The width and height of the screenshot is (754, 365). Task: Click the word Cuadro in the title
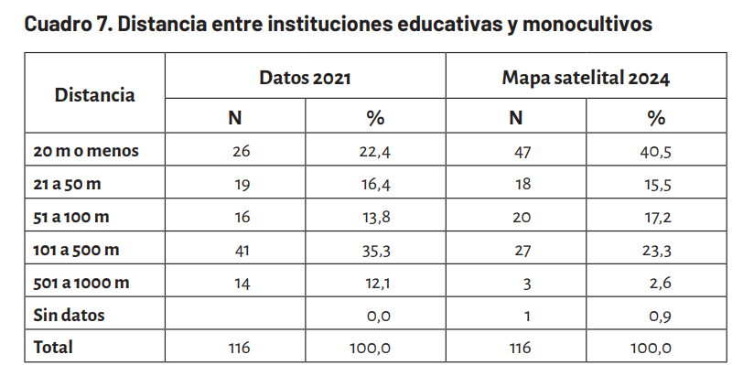pyautogui.click(x=54, y=24)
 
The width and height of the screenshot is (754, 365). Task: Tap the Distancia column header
pyautogui.click(x=95, y=94)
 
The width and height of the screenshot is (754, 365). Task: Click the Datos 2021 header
pyautogui.click(x=305, y=78)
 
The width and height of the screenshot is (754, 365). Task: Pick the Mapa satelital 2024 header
pyautogui.click(x=586, y=78)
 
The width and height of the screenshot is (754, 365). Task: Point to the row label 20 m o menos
pyautogui.click(x=86, y=151)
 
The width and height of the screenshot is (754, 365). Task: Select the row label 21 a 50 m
pyautogui.click(x=67, y=184)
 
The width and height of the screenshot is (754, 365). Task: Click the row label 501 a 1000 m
pyautogui.click(x=81, y=283)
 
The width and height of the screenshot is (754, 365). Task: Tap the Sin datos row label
pyautogui.click(x=69, y=315)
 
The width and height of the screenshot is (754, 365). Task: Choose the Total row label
pyautogui.click(x=53, y=347)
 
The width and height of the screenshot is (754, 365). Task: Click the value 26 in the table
pyautogui.click(x=241, y=152)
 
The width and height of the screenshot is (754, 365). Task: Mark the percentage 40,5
pyautogui.click(x=655, y=152)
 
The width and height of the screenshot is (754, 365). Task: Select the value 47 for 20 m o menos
pyautogui.click(x=522, y=152)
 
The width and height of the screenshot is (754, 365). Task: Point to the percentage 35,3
pyautogui.click(x=376, y=250)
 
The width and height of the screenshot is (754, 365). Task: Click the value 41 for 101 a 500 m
pyautogui.click(x=241, y=250)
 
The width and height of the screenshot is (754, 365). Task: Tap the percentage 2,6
pyautogui.click(x=661, y=283)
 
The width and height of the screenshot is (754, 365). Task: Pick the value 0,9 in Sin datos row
pyautogui.click(x=660, y=316)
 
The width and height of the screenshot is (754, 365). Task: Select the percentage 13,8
pyautogui.click(x=376, y=218)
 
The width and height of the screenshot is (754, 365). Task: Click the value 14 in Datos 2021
pyautogui.click(x=242, y=283)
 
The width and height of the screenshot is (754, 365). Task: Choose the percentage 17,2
pyautogui.click(x=658, y=218)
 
